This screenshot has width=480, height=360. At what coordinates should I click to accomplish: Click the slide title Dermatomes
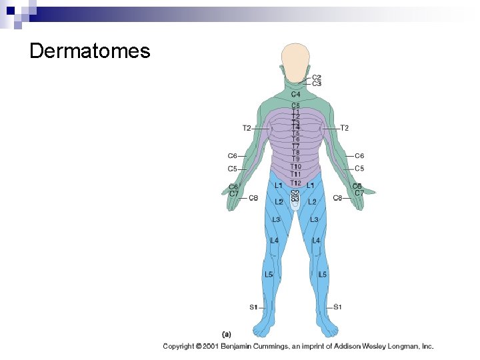(x=90, y=51)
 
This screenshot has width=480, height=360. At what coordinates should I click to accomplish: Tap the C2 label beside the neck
(x=317, y=77)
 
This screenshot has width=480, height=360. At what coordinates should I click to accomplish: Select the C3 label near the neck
(x=317, y=84)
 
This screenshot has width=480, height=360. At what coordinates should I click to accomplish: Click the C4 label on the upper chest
(x=295, y=94)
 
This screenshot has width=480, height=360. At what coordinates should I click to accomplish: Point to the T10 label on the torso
(x=295, y=167)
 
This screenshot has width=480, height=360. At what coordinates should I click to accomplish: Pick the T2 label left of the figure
(x=247, y=128)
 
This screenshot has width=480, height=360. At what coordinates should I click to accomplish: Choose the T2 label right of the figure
(x=345, y=128)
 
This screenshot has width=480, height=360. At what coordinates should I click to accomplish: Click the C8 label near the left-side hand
(x=253, y=198)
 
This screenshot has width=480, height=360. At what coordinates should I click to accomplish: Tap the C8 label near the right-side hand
(x=337, y=198)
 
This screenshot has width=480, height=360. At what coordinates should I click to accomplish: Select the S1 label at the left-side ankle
(x=253, y=307)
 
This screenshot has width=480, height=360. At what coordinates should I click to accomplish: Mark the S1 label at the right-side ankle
(x=337, y=307)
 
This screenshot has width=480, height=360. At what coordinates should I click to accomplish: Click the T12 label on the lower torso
(x=295, y=183)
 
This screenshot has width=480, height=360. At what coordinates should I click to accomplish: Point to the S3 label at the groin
(x=295, y=199)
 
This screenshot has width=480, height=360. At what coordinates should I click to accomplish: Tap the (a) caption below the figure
(x=227, y=333)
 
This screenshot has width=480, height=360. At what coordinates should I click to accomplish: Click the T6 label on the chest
(x=295, y=139)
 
